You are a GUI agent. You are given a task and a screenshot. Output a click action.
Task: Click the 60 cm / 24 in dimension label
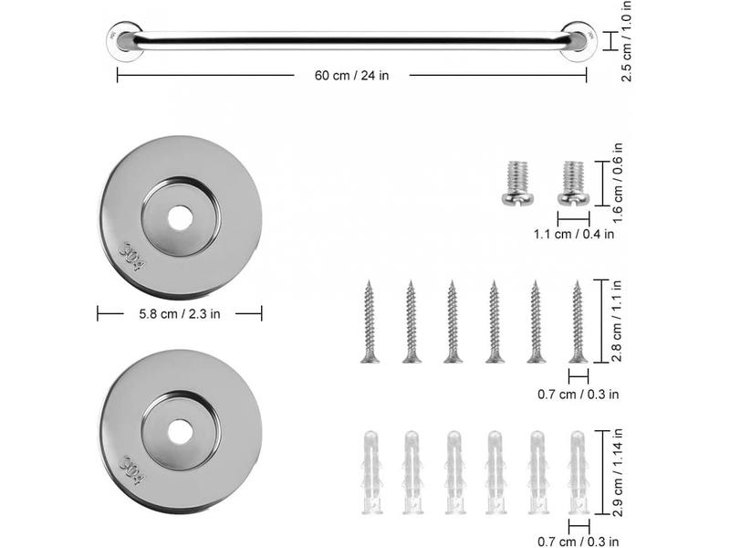(x=351, y=76)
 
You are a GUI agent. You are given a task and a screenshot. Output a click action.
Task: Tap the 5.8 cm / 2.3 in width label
(x=179, y=313)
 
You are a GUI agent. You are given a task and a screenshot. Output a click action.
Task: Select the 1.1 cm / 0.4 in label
(x=574, y=234)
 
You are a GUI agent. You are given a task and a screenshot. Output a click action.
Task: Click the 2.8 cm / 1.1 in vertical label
(x=617, y=321)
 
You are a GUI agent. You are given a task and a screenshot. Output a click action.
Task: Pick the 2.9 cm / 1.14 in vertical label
(x=618, y=472)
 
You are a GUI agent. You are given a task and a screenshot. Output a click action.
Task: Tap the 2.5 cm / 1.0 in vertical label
(x=626, y=40)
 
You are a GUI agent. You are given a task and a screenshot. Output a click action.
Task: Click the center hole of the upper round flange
(x=180, y=218)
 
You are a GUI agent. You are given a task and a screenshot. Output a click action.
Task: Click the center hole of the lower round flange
(x=180, y=432)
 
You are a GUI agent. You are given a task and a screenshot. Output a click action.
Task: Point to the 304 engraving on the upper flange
(x=132, y=257)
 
